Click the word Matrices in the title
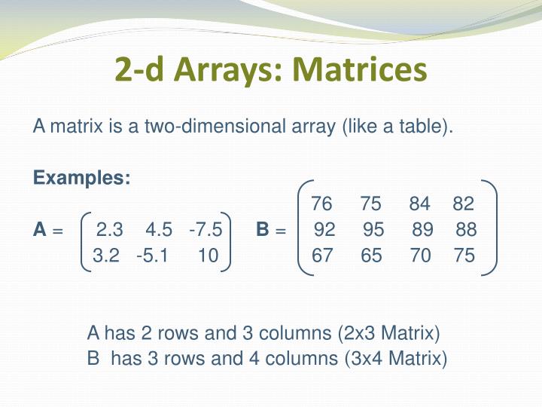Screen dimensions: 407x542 pos(360,70)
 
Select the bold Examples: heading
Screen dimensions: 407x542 pos(82,179)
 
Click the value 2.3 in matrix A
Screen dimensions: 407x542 pos(110,229)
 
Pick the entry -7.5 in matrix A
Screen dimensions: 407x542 pos(206,229)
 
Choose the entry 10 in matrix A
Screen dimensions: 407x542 pos(209,256)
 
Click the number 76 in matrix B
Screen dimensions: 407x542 pos(321,204)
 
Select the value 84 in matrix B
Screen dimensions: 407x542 pos(420,204)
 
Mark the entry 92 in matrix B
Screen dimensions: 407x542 pos(324,230)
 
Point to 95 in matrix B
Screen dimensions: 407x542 pos(373,230)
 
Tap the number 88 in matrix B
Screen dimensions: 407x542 pos(466,230)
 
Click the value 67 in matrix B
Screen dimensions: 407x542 pos(322,256)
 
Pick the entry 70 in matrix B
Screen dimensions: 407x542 pos(421,256)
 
